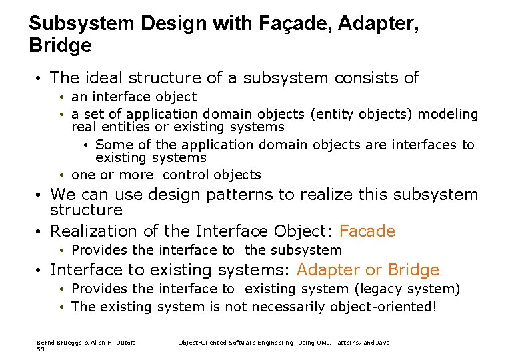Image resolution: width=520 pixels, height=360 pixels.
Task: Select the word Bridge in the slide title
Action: [x=61, y=46]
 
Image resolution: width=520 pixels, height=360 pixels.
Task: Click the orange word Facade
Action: [x=367, y=231]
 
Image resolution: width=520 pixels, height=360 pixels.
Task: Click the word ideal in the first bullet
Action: [x=107, y=78]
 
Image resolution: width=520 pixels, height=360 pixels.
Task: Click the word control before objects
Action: [x=183, y=175]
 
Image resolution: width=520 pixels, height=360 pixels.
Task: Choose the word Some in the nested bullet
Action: [x=111, y=145]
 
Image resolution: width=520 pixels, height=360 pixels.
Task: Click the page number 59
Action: [x=40, y=349]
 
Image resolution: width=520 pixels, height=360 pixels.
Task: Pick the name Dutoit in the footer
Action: [x=124, y=343]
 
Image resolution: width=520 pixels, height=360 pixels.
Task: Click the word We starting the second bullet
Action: [x=62, y=195]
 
